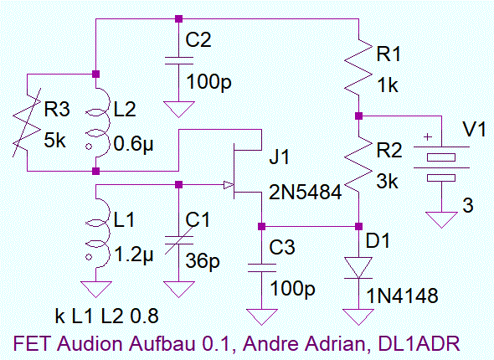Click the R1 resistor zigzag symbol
(x=358, y=68)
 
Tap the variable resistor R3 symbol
(x=27, y=123)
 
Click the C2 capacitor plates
(x=178, y=61)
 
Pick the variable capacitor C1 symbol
(x=178, y=240)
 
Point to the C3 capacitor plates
(x=261, y=268)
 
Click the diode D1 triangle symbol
(x=358, y=268)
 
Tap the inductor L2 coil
(x=98, y=123)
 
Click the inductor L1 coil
(x=98, y=233)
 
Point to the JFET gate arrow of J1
(x=229, y=185)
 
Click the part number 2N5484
(x=305, y=192)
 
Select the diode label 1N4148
(x=403, y=296)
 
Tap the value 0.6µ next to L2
(x=134, y=145)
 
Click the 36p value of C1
(x=203, y=260)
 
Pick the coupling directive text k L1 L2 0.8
(x=106, y=316)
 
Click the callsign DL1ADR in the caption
(x=419, y=343)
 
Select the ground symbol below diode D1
(x=358, y=316)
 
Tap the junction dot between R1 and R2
(x=358, y=116)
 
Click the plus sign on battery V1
(x=428, y=137)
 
